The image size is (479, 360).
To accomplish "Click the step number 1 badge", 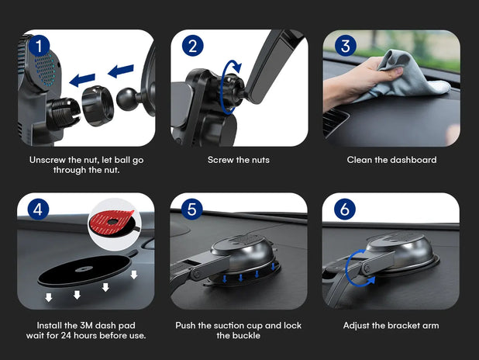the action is pyautogui.click(x=39, y=46).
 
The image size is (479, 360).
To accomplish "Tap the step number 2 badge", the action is pyautogui.click(x=193, y=46).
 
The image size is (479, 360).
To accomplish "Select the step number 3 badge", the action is pyautogui.click(x=346, y=46).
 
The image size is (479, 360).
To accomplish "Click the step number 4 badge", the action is pyautogui.click(x=38, y=209).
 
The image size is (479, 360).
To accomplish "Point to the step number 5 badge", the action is pyautogui.click(x=192, y=209).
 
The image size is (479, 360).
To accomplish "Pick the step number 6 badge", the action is pyautogui.click(x=345, y=209).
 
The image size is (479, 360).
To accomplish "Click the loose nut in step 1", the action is pyautogui.click(x=98, y=106).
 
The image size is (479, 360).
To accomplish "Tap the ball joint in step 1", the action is pyautogui.click(x=128, y=99).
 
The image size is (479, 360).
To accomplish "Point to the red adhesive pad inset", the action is pyautogui.click(x=115, y=224).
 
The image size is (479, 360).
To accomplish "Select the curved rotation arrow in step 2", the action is pyautogui.click(x=226, y=87).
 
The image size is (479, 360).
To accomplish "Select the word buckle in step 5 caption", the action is pyautogui.click(x=246, y=335).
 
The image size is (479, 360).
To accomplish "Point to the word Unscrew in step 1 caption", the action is pyautogui.click(x=47, y=160).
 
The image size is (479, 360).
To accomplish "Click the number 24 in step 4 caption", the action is pyautogui.click(x=66, y=335).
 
